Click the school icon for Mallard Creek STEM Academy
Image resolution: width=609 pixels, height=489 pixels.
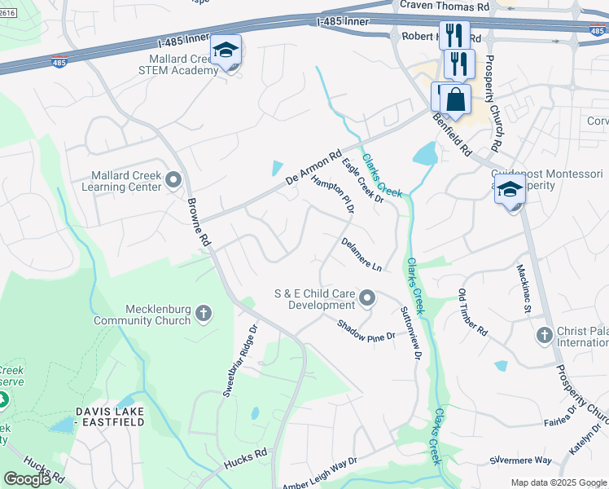pyautogui.click(x=226, y=52)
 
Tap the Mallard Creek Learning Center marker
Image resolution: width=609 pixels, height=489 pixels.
pyautogui.click(x=173, y=180)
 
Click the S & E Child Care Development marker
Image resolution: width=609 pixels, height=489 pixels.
pyautogui.click(x=367, y=298)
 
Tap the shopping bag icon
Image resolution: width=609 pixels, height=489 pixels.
pyautogui.click(x=457, y=101)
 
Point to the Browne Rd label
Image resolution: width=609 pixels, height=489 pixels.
pyautogui.click(x=198, y=222)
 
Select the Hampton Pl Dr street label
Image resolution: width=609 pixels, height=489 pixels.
pyautogui.click(x=335, y=192)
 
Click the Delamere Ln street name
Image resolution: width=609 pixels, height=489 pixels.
pyautogui.click(x=361, y=254)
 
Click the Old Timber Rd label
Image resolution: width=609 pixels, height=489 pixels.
pyautogui.click(x=472, y=313)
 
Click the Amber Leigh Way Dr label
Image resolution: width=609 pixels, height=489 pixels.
pyautogui.click(x=320, y=474)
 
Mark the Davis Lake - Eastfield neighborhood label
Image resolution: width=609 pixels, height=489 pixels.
pyautogui.click(x=110, y=416)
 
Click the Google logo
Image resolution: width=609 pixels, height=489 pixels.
pyautogui.click(x=27, y=478)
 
